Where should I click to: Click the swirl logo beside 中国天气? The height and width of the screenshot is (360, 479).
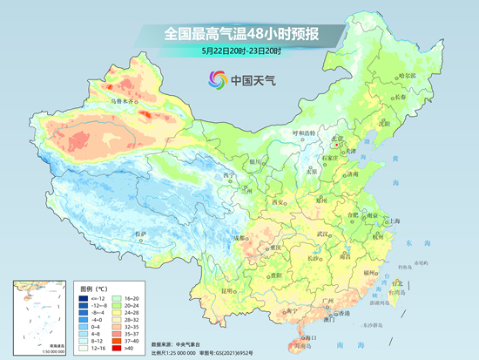[215, 80]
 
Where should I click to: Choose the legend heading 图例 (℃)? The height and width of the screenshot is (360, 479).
[93, 286]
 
